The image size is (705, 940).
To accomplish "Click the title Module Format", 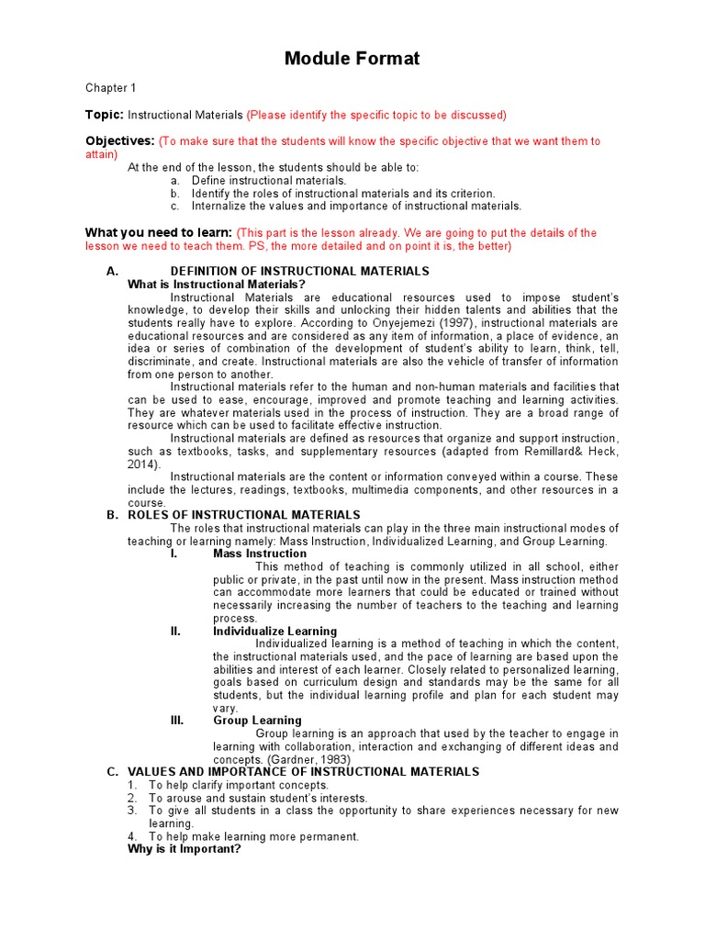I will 352,60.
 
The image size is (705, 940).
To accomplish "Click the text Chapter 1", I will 111,88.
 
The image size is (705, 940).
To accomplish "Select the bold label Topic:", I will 105,115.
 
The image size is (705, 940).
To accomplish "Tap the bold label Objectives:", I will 120,141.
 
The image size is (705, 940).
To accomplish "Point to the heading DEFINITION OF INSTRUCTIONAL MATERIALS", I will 299,272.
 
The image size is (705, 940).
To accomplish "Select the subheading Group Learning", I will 257,721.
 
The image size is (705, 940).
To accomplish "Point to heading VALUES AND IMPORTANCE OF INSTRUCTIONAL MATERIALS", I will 303,772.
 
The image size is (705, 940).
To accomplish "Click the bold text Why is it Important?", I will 185,849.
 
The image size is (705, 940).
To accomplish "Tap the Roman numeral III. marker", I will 177,721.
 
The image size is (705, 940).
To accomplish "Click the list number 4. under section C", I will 132,836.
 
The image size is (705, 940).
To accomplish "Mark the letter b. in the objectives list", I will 174,194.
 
